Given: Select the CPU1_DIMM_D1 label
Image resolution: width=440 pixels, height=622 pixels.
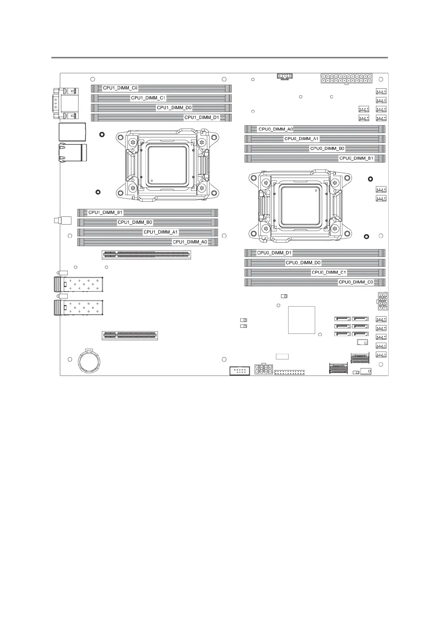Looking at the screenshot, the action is tap(202, 117).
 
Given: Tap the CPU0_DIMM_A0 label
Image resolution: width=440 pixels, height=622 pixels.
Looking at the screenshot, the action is tap(276, 129).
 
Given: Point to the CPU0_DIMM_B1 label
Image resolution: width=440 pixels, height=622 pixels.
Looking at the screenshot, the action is tap(357, 158).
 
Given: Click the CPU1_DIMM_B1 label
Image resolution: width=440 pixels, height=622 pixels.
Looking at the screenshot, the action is tap(105, 213).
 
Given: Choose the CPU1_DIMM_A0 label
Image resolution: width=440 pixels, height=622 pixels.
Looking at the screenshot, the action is tap(190, 242).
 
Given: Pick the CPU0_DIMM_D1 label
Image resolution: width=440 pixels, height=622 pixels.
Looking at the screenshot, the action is tap(274, 253).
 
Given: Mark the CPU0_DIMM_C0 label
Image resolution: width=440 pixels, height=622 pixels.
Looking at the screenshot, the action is tap(356, 282).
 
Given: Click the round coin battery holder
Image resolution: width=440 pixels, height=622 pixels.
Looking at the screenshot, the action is tap(89, 361).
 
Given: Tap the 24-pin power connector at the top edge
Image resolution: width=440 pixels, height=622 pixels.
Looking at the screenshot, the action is tap(346, 79).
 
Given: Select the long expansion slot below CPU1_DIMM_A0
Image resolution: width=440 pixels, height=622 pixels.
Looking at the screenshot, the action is tap(146, 254).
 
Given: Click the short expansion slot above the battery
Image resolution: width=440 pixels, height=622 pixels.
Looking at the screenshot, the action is tap(130, 335).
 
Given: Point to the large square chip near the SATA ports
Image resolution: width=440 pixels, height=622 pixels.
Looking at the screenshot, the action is tap(301, 320).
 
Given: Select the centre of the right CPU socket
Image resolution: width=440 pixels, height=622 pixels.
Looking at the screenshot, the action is tap(300, 206).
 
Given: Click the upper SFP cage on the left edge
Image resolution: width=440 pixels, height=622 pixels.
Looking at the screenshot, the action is tap(79, 285).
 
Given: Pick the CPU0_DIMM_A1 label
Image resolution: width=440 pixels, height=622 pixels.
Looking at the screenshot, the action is tap(301, 139).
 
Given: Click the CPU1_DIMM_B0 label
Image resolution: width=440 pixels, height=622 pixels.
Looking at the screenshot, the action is tap(135, 222).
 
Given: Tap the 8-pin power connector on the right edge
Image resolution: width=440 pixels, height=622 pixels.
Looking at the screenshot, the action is tap(382, 301).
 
